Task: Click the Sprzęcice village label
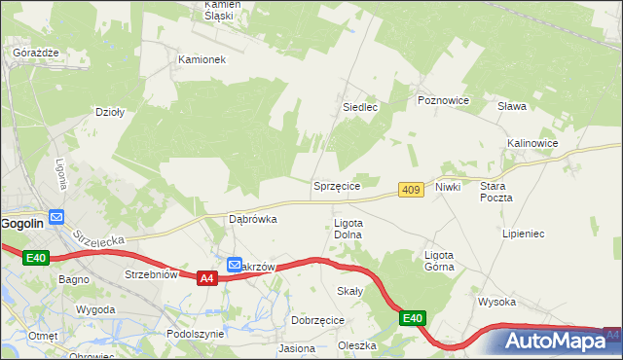point(337,185)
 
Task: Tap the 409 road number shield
point(411,190)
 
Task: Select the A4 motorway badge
point(206,278)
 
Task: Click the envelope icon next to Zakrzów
point(235,264)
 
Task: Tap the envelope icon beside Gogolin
point(56,217)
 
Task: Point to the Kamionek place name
point(202,59)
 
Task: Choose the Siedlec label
point(360,107)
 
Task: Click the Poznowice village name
point(443,100)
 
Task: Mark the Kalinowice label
point(532,143)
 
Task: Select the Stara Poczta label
point(496,191)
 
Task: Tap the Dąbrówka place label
point(252,219)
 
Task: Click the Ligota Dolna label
point(348,229)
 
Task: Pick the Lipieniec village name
point(523,234)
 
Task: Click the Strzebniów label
point(151,274)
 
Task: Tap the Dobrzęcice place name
point(317,319)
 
